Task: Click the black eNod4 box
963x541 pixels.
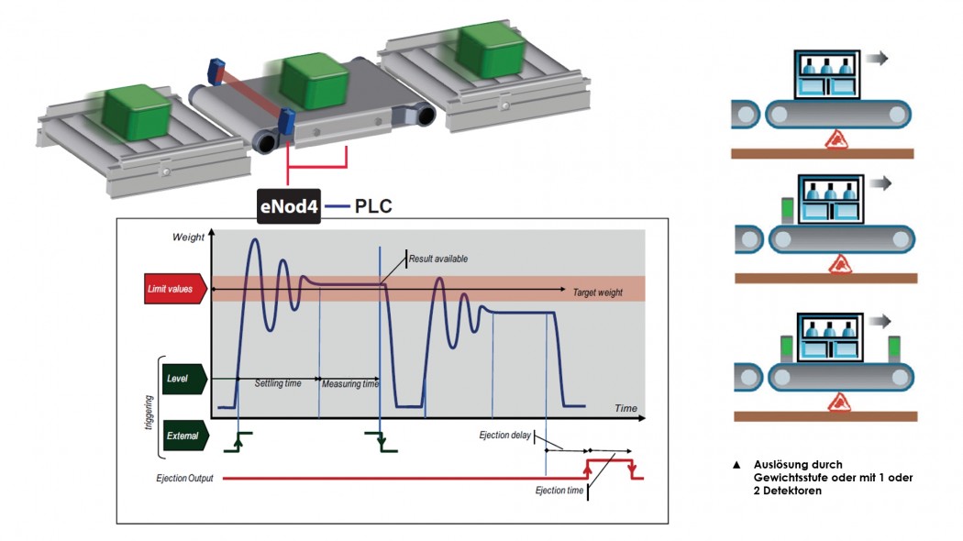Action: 289,205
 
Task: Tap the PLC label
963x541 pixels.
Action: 373,206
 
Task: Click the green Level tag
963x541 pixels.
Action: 184,379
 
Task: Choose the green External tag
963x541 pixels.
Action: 185,436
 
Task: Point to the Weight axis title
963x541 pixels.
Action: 188,237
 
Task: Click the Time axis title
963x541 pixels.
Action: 625,408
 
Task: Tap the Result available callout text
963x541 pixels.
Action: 437,259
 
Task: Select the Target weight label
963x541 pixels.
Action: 598,293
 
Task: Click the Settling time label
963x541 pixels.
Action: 278,383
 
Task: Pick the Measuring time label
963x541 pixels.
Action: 350,384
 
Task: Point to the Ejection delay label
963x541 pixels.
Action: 504,436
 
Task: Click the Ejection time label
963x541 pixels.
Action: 559,490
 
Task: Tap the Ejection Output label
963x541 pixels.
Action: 184,478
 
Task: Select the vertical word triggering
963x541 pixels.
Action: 148,413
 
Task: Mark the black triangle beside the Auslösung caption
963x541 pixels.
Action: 736,465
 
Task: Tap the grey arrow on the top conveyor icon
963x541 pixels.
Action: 877,58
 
